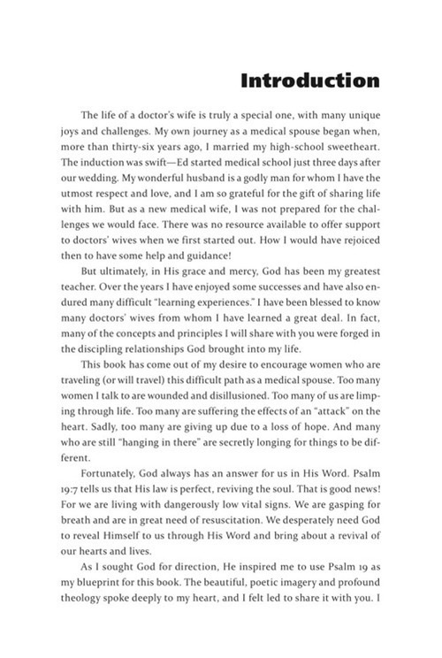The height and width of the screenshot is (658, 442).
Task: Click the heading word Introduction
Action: pos(309,81)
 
